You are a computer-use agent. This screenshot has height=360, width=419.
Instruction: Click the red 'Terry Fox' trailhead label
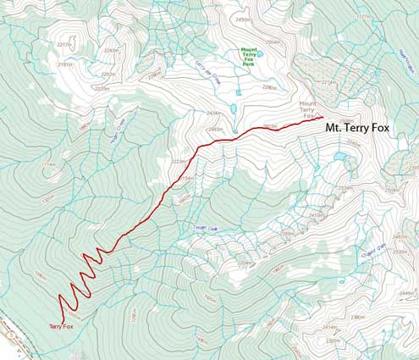tap(61, 325)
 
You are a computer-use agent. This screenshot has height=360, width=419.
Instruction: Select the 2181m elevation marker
tap(65, 64)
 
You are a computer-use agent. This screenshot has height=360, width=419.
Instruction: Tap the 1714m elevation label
tap(48, 164)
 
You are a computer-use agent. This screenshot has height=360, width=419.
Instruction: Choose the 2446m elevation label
tap(405, 292)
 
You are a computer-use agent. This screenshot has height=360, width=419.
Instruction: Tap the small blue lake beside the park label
tap(260, 53)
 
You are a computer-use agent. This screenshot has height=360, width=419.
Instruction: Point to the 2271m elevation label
tap(329, 82)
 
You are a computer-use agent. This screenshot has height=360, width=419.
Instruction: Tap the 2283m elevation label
tap(108, 74)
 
